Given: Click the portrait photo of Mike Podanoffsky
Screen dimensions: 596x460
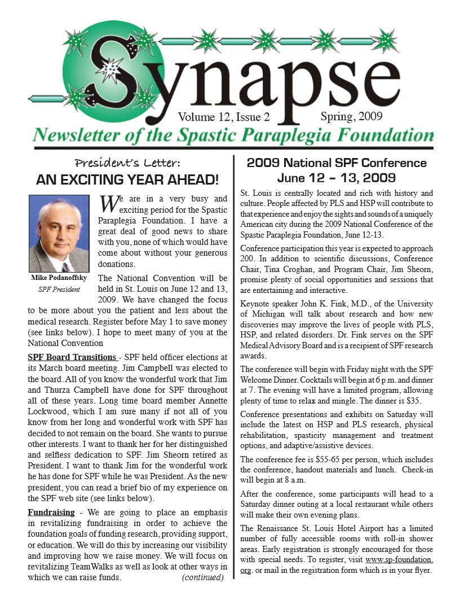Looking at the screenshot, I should [59, 234].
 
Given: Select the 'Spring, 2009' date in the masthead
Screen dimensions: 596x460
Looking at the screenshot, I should [351, 117].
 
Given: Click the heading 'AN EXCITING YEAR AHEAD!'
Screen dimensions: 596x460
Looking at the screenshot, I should [127, 180].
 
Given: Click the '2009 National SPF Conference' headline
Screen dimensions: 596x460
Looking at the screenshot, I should [337, 163].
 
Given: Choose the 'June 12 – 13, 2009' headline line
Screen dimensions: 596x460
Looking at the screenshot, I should [337, 179].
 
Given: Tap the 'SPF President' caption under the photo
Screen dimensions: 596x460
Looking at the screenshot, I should [59, 290].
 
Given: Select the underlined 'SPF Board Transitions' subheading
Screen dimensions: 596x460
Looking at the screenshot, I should [72, 357].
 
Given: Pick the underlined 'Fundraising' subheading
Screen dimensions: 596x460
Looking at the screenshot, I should [51, 512].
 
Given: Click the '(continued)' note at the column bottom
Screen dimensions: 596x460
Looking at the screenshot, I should [202, 577].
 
